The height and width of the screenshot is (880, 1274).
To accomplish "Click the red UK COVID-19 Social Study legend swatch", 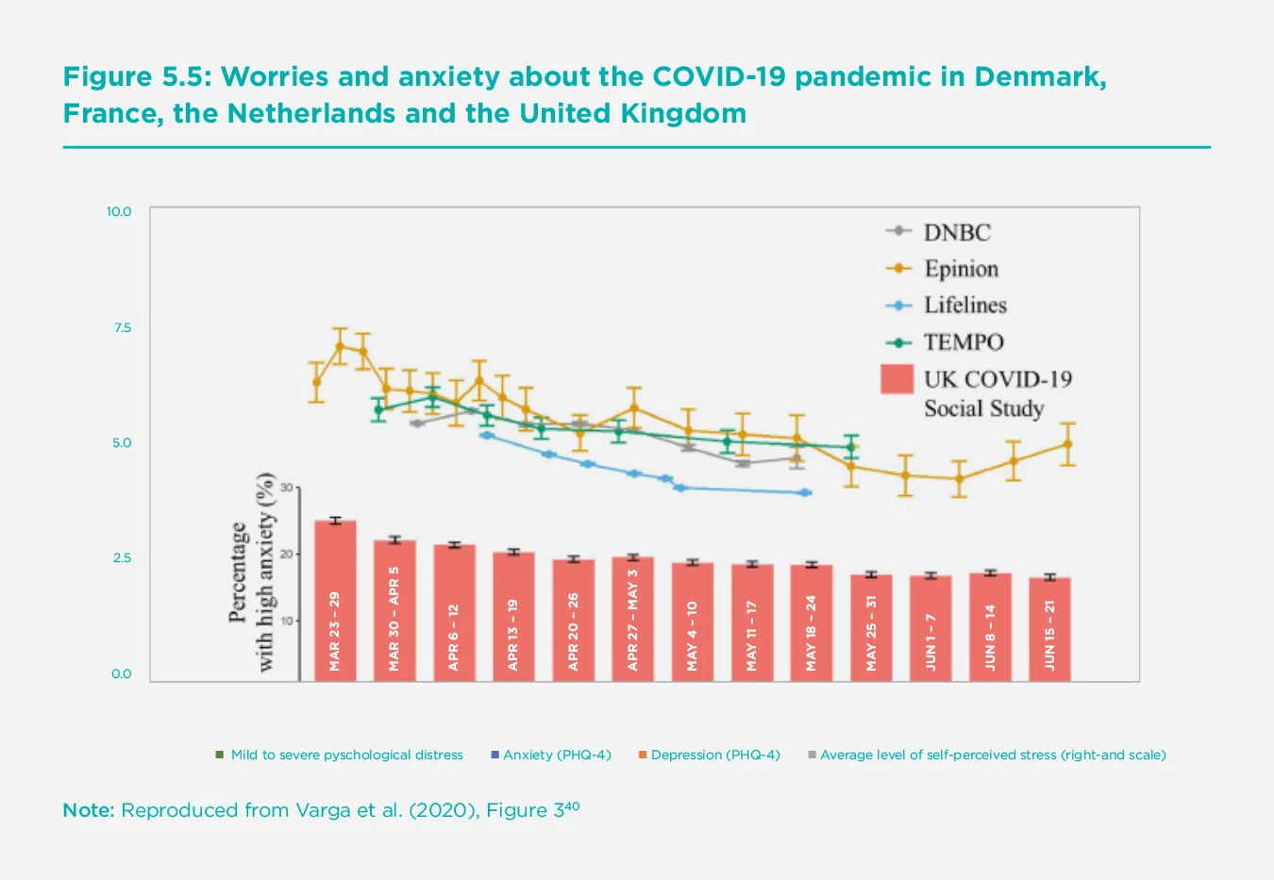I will click(897, 379).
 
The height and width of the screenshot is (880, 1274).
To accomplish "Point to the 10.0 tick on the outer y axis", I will click(119, 211).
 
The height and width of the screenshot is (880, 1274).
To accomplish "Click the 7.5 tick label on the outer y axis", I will click(121, 327).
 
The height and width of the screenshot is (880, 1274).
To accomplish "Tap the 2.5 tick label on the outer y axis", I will click(121, 557).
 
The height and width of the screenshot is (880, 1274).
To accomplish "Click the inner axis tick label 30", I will click(287, 488).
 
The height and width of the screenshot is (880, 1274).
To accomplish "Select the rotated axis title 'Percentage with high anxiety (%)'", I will click(252, 573).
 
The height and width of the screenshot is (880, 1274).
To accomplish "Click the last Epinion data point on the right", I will click(1067, 443).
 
